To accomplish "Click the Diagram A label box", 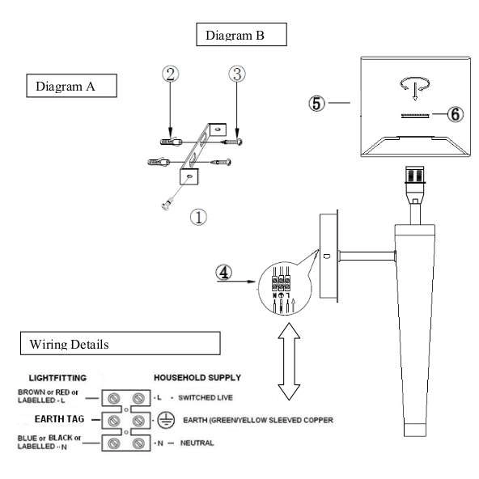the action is (x=71, y=86).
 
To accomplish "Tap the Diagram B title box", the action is (x=241, y=35).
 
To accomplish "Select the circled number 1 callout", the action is (x=198, y=217).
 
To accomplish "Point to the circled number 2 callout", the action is (x=171, y=74).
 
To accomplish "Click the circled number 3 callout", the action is (x=237, y=74).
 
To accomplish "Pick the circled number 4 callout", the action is (x=224, y=272).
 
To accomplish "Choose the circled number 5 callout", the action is (x=317, y=104).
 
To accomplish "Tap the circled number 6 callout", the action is (x=456, y=114).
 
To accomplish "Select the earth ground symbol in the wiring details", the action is (x=166, y=420).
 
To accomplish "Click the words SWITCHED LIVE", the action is (x=206, y=397).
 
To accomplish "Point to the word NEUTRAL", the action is (x=197, y=443).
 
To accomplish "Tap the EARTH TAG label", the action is (x=59, y=419).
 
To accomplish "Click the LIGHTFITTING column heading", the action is (x=57, y=378).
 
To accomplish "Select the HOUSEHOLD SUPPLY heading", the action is (x=197, y=378).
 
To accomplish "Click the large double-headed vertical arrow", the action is (x=289, y=362).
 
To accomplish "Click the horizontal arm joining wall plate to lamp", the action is (x=367, y=256).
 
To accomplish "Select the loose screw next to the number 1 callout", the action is (x=167, y=204).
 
